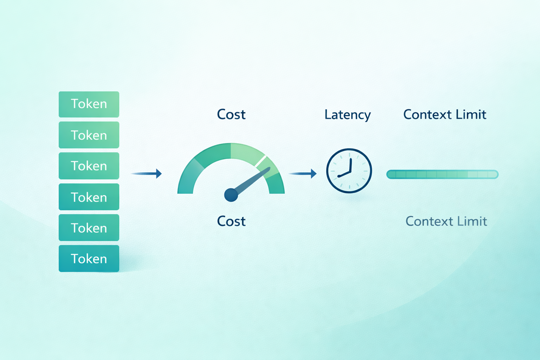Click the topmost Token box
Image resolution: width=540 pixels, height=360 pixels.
pos(89,104)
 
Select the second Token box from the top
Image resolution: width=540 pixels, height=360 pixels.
pos(89,135)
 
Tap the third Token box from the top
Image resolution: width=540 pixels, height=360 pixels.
pos(89,166)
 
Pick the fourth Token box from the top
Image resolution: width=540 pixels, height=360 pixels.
pos(89,197)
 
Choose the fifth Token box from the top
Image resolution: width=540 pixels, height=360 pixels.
pos(89,227)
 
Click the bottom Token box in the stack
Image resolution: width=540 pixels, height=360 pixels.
pos(89,258)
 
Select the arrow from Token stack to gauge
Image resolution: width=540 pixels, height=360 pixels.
pos(146,173)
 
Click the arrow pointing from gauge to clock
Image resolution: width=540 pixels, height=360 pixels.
pos(302,173)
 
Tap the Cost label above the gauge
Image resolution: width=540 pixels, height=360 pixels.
pos(231,114)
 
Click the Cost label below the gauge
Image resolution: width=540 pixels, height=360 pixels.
pos(231,221)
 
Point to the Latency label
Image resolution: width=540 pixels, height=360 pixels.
pos(347,115)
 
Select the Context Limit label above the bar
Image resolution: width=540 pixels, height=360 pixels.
pos(445,114)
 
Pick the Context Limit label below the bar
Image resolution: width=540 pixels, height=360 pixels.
pos(446,221)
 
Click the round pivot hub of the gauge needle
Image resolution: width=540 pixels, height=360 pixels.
pos(231,195)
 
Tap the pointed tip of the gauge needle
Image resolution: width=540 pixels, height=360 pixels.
pos(269,168)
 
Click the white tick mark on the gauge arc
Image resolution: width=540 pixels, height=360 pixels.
pos(261,161)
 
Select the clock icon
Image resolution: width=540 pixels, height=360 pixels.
pos(349,171)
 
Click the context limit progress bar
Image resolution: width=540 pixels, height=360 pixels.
pos(442,174)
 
